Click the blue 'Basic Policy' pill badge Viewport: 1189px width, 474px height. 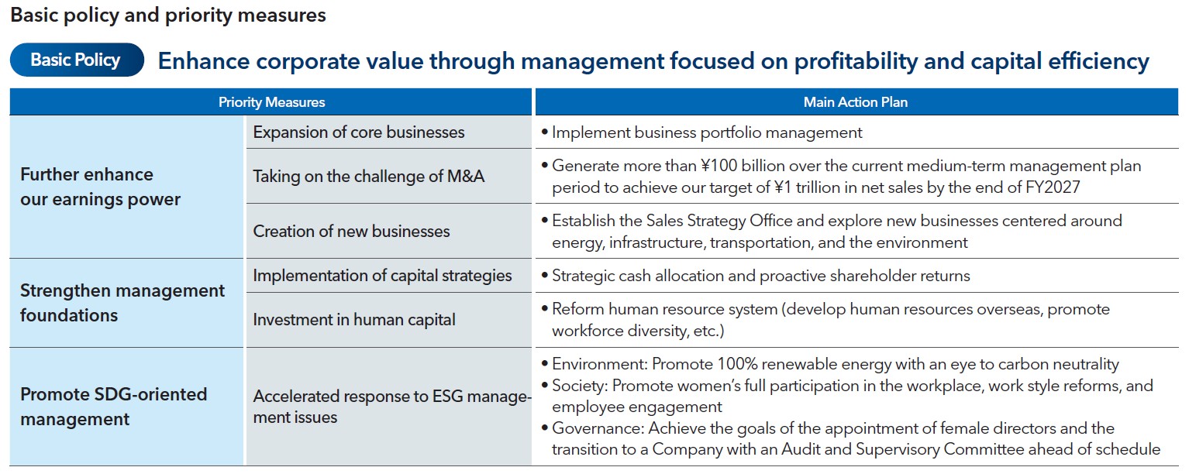[x=77, y=60]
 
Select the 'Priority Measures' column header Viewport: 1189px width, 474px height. [x=271, y=101]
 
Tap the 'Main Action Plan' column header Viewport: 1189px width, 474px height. [x=856, y=101]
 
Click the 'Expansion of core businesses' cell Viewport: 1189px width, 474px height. [x=388, y=132]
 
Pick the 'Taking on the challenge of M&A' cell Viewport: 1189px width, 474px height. [x=388, y=176]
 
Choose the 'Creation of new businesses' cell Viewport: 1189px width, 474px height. [x=388, y=231]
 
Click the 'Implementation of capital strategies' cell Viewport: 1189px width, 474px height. [x=388, y=276]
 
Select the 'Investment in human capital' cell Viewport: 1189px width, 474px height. [x=388, y=320]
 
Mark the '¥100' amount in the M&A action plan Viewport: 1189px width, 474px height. [x=719, y=166]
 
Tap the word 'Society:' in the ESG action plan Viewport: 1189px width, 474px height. [x=580, y=386]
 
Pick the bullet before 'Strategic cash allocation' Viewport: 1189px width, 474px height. [x=544, y=276]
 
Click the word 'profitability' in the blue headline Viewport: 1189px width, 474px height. [x=856, y=61]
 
